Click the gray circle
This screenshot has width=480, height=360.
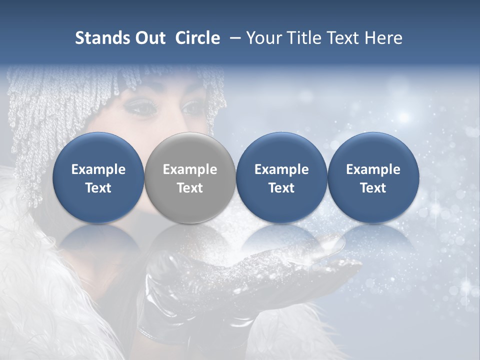pyautogui.click(x=190, y=178)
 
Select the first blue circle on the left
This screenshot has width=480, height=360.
pyautogui.click(x=98, y=178)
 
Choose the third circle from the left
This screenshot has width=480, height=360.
pyautogui.click(x=281, y=178)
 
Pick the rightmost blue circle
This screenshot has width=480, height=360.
pyautogui.click(x=373, y=178)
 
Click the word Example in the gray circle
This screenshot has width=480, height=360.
pyautogui.click(x=190, y=169)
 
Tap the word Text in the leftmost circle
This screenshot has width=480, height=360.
pyautogui.click(x=98, y=188)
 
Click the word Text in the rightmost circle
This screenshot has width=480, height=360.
pyautogui.click(x=373, y=188)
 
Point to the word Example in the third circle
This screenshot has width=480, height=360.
pyautogui.click(x=281, y=169)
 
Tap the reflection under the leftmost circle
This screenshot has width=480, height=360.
pyautogui.click(x=98, y=240)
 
